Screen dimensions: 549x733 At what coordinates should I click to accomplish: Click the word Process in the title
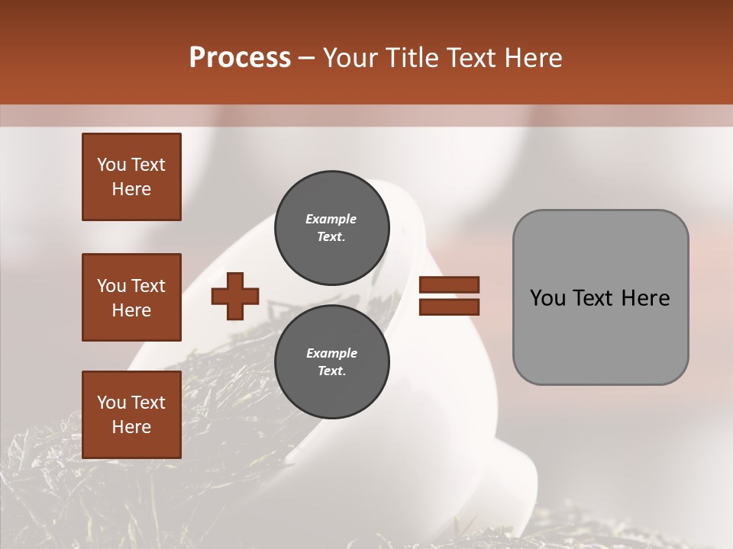(x=240, y=58)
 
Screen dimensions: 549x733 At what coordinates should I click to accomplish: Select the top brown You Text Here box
(x=131, y=177)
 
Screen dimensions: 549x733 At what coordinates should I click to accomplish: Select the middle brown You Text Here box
(x=131, y=297)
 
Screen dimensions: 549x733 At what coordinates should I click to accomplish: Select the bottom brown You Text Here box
(x=131, y=415)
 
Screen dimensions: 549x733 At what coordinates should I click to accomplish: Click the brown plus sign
(x=235, y=295)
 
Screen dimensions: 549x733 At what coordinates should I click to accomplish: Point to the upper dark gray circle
(x=332, y=228)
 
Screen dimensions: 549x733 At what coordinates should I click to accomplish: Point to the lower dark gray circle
(x=332, y=362)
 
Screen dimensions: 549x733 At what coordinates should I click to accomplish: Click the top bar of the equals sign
(x=449, y=284)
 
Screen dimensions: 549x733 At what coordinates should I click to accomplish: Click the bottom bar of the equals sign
(x=449, y=307)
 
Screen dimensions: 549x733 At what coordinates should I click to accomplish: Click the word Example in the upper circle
(x=331, y=219)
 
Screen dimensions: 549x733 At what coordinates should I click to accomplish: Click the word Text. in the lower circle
(x=332, y=371)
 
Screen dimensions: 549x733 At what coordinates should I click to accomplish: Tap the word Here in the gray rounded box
(x=645, y=297)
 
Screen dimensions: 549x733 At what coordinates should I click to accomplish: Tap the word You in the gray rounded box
(x=547, y=297)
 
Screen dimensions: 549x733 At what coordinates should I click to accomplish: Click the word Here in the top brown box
(x=131, y=189)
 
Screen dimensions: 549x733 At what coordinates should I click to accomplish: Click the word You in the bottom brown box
(x=111, y=402)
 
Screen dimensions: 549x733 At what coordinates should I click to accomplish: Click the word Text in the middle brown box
(x=147, y=286)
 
